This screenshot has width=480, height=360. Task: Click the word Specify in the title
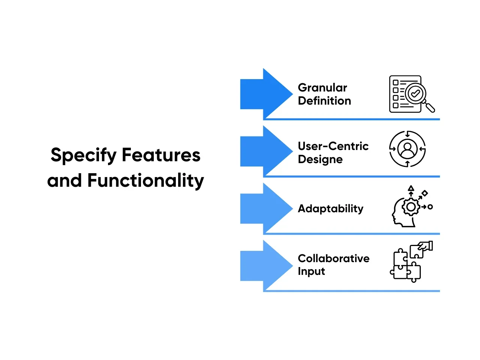[84, 155]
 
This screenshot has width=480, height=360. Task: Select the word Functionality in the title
[145, 181]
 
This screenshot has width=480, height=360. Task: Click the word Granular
[322, 88]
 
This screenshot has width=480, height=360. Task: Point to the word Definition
[324, 101]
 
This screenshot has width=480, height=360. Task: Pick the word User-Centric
[333, 146]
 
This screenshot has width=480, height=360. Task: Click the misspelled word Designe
[320, 159]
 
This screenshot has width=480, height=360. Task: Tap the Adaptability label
[330, 208]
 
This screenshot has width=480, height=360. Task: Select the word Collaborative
[333, 258]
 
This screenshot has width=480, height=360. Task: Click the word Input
[311, 271]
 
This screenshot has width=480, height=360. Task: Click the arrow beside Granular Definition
[266, 93]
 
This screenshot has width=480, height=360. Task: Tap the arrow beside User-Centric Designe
[266, 151]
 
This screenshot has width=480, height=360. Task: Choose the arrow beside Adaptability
[266, 208]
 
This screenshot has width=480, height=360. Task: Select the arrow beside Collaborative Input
[266, 265]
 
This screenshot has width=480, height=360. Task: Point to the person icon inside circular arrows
[408, 149]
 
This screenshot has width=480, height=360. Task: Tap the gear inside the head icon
[411, 207]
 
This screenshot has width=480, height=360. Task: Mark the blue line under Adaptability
[351, 234]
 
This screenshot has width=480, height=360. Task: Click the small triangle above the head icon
[411, 188]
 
